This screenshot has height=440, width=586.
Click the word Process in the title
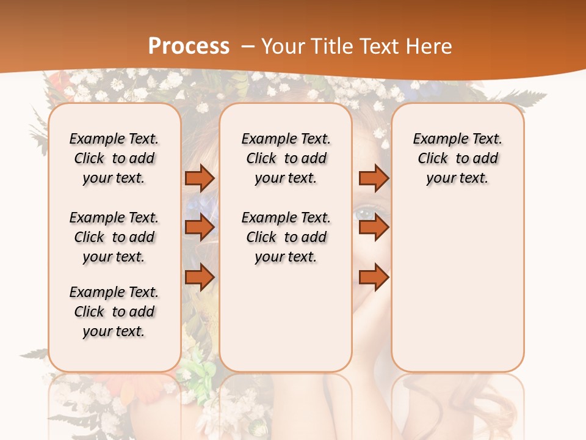point(189,46)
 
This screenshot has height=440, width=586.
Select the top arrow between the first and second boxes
point(200,178)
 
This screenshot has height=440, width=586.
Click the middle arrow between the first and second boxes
point(200,227)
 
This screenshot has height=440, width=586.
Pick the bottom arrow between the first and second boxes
point(200,277)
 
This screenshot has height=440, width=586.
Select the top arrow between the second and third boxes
point(374,178)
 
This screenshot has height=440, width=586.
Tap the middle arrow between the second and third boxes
point(374,227)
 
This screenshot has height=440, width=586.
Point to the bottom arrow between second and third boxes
point(374,277)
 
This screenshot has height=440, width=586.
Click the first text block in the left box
point(114,158)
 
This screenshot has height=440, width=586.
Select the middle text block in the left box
point(114,237)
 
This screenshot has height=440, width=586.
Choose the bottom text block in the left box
point(114,312)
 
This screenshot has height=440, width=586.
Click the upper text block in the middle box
point(286,158)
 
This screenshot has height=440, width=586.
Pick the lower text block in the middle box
point(286,237)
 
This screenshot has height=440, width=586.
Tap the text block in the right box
point(457,158)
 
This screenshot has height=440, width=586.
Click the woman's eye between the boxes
point(366,214)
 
